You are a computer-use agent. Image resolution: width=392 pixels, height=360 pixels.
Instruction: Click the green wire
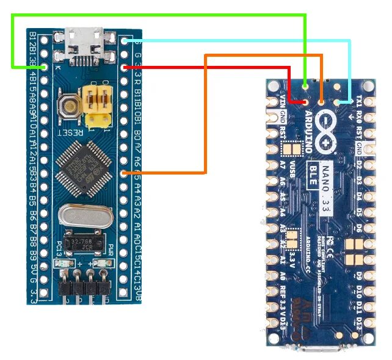pyautogui.click(x=159, y=15)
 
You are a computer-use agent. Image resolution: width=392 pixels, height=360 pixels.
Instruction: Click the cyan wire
pyautogui.click(x=244, y=41)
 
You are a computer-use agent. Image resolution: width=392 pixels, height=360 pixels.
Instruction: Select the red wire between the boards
pyautogui.click(x=208, y=67)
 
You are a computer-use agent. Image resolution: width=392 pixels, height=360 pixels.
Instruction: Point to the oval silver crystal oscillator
pyautogui.click(x=84, y=215)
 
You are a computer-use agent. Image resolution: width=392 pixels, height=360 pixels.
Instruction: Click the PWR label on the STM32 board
pyautogui.click(x=111, y=250)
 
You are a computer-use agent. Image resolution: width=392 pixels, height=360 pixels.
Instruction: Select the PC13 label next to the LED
pyautogui.click(x=59, y=249)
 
